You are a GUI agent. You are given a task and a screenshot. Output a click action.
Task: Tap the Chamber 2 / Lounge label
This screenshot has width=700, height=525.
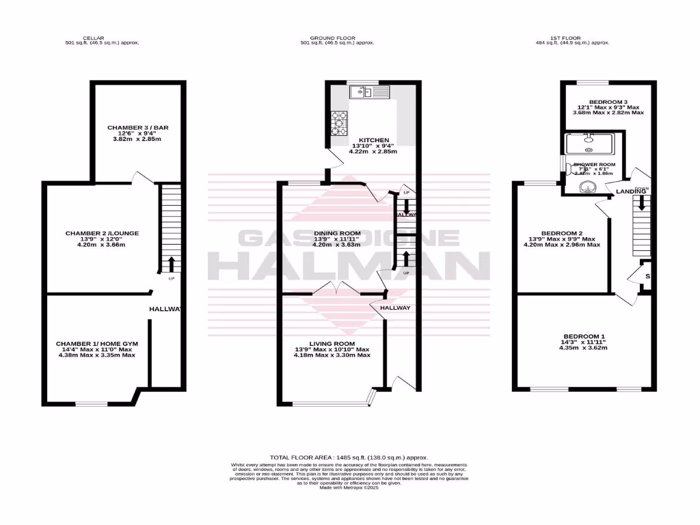point(102,233)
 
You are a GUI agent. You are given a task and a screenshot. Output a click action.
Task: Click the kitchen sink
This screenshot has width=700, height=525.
point(369,92)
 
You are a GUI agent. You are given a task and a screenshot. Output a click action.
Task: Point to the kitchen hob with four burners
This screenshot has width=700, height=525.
point(340,123)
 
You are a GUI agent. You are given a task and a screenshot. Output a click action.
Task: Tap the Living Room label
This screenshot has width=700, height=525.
point(332,343)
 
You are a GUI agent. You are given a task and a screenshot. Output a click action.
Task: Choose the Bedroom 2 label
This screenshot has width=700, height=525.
point(561,233)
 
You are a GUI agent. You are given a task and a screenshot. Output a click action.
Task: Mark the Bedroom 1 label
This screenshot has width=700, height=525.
point(583,336)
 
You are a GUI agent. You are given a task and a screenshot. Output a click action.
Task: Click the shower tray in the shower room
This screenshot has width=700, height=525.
point(590,146)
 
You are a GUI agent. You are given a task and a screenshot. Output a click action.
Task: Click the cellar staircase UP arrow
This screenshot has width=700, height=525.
point(170,263)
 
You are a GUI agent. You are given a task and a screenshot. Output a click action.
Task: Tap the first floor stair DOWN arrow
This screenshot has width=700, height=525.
point(641,202)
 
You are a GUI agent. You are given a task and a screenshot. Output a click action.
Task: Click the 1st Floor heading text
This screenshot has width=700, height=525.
point(569,38)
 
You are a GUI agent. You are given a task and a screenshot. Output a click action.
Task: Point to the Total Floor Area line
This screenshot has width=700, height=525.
point(349,457)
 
